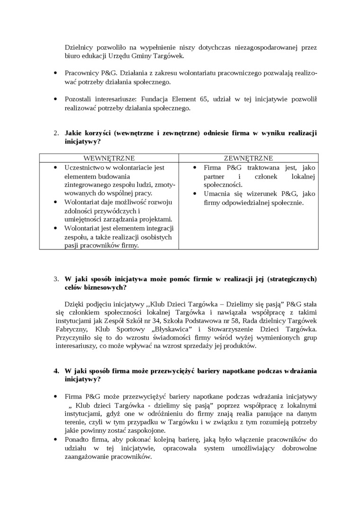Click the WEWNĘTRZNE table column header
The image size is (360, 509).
click(109, 158)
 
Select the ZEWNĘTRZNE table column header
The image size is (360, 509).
click(248, 158)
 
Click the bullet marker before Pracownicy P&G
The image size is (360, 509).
click(56, 73)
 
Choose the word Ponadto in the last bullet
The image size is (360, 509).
click(77, 440)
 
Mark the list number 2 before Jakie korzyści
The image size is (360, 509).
click(56, 133)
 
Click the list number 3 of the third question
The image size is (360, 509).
click(56, 279)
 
